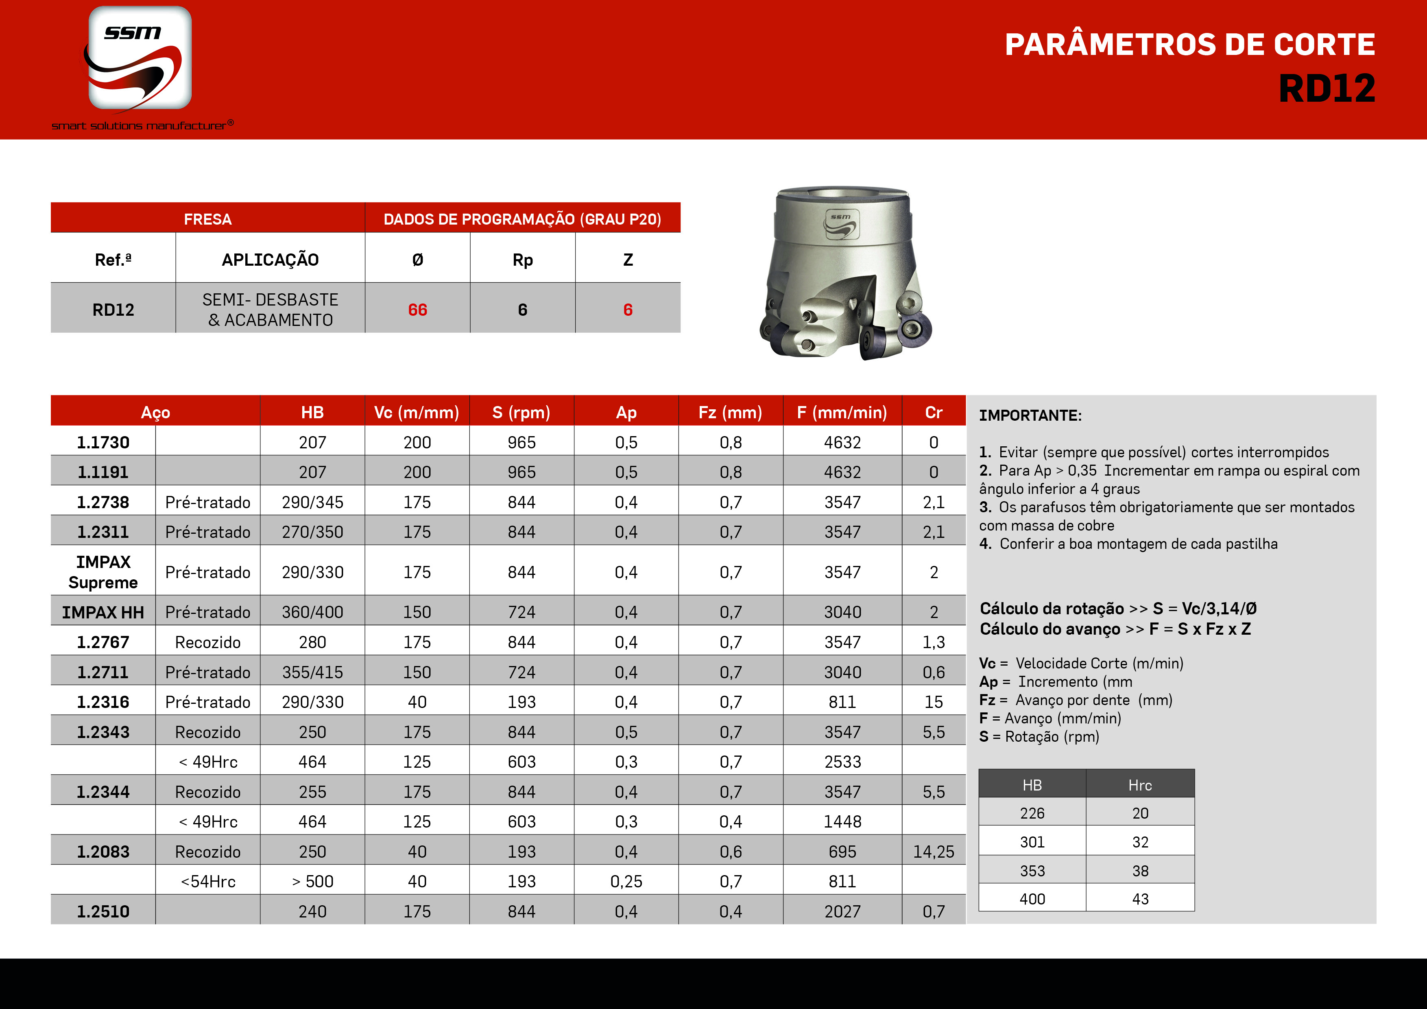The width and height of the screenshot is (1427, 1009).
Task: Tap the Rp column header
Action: pos(522,260)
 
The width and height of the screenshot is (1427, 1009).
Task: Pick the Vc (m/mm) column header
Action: pos(417,412)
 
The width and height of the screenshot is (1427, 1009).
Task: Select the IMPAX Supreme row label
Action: pos(103,572)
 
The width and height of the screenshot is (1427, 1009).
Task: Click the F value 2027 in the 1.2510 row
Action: pos(842,911)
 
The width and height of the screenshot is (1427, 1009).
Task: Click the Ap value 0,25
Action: pos(626,882)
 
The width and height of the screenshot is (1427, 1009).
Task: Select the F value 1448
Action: pos(842,822)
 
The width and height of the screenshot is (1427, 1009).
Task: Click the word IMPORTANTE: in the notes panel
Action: pos(1030,415)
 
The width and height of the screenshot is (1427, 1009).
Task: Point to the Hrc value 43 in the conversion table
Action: pos(1140,899)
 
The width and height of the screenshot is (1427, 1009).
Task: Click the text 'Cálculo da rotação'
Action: pos(1052,609)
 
